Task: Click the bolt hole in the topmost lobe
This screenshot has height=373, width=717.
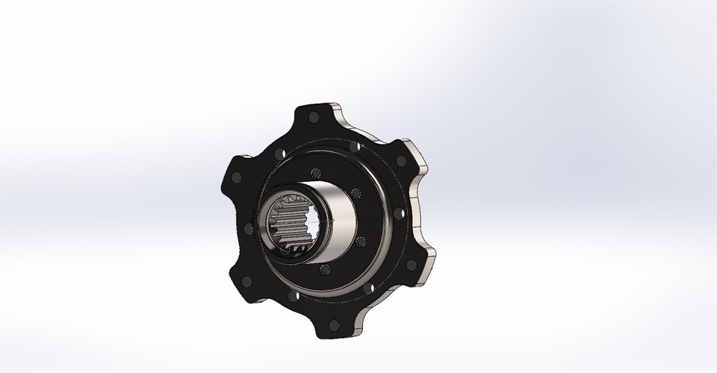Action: click(x=314, y=116)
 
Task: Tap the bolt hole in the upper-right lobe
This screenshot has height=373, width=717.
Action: click(x=401, y=160)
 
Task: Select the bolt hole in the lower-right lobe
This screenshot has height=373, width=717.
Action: click(x=410, y=264)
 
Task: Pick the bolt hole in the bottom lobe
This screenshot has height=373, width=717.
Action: click(x=334, y=325)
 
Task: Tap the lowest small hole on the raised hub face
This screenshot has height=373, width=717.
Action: click(x=324, y=269)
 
